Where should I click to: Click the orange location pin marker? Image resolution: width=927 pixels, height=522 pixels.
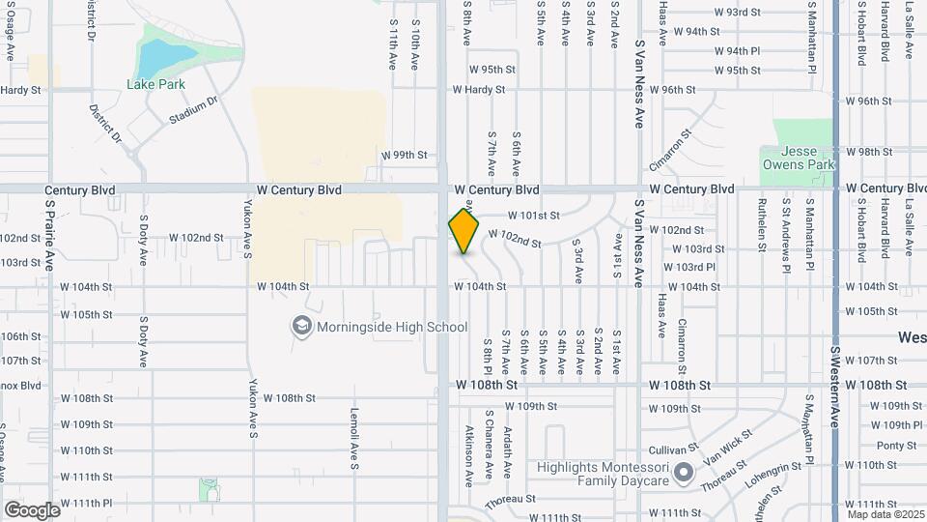tap(464, 231)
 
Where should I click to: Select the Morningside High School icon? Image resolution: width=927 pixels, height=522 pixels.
tap(302, 327)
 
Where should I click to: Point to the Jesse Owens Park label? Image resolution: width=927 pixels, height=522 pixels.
tap(799, 159)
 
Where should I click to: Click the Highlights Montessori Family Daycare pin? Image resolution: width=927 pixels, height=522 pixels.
tap(684, 474)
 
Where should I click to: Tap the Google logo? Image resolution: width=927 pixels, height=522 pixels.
tap(32, 509)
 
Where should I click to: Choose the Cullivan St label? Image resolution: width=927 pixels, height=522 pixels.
tap(674, 449)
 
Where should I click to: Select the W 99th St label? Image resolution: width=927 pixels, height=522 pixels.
tap(404, 155)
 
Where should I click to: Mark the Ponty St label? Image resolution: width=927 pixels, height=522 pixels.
tap(896, 446)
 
